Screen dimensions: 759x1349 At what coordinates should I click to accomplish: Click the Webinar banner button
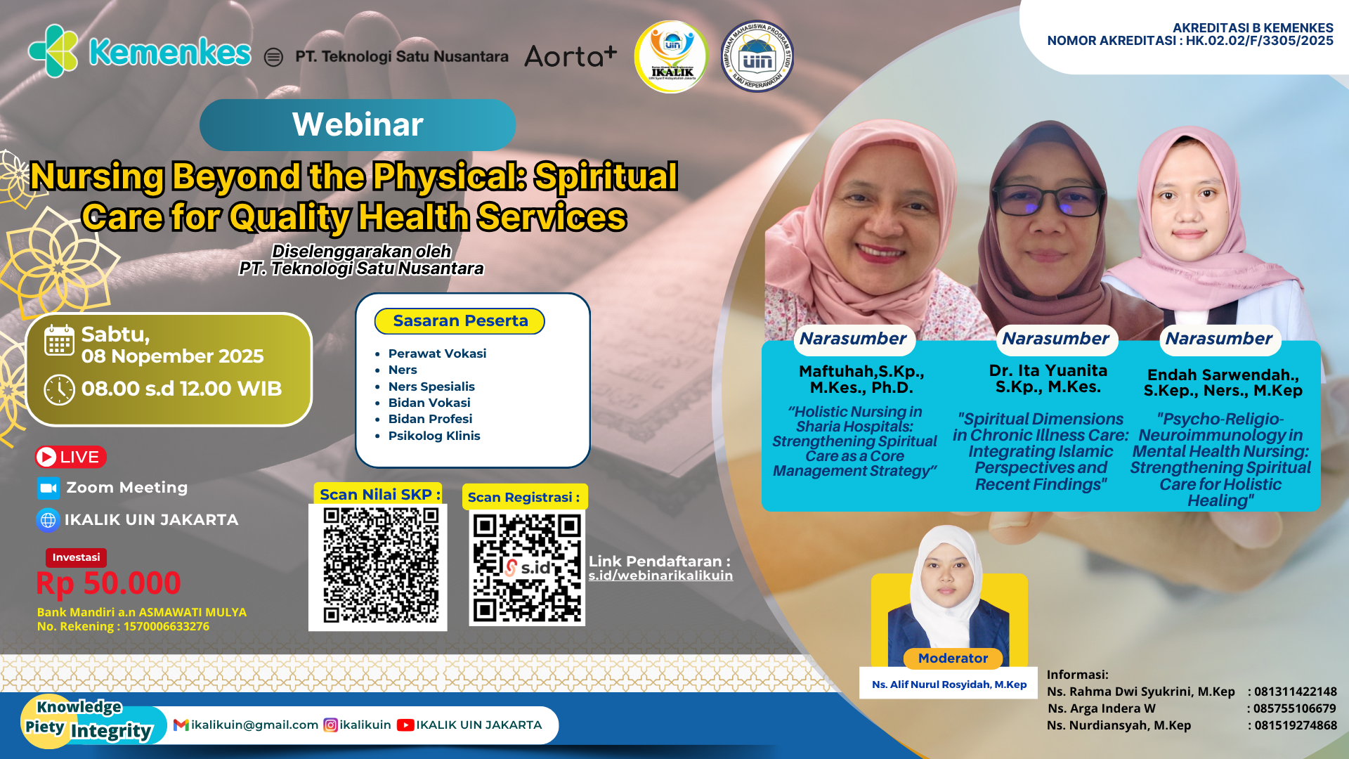[x=358, y=125]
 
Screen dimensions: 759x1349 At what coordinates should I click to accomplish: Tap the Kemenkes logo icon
[x=53, y=51]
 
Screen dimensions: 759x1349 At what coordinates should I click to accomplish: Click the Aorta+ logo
[x=571, y=56]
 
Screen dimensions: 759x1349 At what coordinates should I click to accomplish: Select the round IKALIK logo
[x=671, y=57]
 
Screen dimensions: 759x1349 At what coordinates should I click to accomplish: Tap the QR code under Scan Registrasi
[x=527, y=567]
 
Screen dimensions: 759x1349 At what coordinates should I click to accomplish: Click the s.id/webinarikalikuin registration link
[x=660, y=576]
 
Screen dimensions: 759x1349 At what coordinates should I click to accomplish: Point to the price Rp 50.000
[x=109, y=583]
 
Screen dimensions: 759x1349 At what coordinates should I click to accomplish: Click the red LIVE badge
[x=70, y=457]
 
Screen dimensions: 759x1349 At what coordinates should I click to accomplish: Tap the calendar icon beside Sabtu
[x=60, y=341]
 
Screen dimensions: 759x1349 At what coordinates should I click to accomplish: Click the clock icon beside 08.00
[x=60, y=389]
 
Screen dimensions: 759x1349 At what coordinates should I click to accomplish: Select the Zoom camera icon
[x=48, y=488]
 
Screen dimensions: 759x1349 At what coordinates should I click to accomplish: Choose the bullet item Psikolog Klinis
[x=434, y=436]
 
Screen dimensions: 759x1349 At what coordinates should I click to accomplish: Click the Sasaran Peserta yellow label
[x=460, y=321]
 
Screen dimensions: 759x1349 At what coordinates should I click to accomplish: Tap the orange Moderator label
[x=953, y=659]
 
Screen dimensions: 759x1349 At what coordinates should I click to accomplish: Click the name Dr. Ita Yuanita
[x=1048, y=370]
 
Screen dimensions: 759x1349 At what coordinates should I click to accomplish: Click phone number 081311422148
[x=1295, y=692]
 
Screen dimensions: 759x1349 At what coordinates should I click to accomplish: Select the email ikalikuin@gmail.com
[x=254, y=725]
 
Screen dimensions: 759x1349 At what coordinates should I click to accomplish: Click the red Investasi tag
[x=76, y=557]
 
